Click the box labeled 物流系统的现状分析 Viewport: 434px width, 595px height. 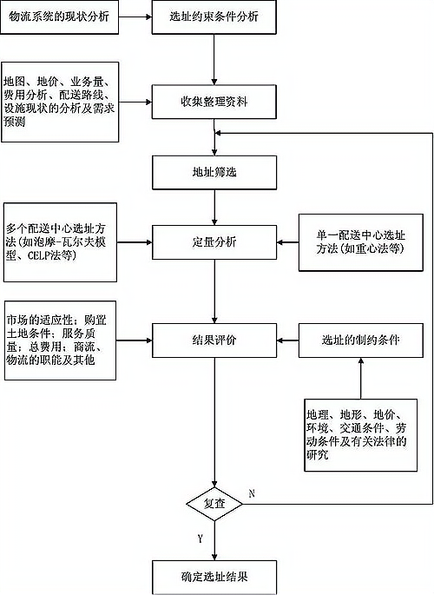[60, 17]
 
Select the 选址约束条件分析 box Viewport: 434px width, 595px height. [214, 17]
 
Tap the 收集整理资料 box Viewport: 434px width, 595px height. [214, 102]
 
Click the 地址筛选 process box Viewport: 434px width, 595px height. [214, 172]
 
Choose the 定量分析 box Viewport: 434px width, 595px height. [214, 242]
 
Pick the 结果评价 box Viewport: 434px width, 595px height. [214, 340]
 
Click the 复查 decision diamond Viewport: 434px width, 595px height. [214, 504]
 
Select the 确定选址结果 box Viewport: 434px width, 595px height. [214, 577]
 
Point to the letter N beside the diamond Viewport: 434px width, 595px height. [252, 493]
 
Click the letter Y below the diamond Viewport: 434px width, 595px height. [201, 538]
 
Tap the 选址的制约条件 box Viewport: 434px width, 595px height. [361, 340]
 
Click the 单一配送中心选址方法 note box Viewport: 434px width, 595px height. [361, 242]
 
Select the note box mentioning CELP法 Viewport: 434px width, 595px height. [60, 242]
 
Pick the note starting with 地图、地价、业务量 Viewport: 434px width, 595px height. [60, 102]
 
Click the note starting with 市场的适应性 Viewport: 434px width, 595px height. [60, 340]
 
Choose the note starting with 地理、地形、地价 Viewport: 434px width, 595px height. [361, 435]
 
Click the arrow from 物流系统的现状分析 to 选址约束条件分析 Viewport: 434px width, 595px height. [135, 17]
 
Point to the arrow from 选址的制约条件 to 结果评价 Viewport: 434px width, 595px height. [287, 340]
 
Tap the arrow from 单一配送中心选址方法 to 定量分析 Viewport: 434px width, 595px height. [287, 242]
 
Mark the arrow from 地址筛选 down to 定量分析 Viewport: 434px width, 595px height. [214, 208]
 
